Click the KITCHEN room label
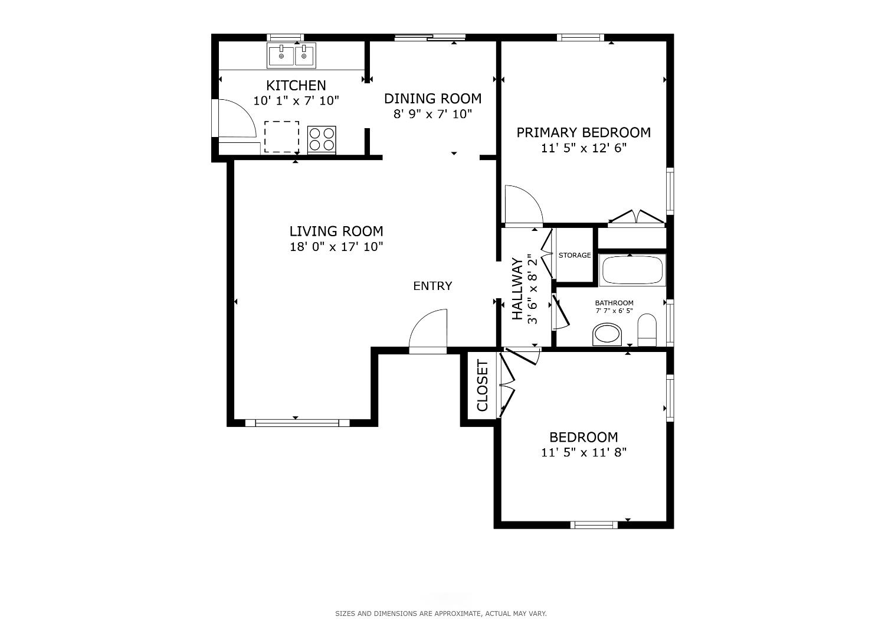tap(296, 86)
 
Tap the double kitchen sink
tap(291, 56)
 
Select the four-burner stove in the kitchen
tap(322, 139)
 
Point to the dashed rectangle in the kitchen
tap(281, 137)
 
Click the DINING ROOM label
tap(432, 99)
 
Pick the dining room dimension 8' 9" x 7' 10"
tap(432, 115)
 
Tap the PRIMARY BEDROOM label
tap(584, 132)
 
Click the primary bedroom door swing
tap(525, 204)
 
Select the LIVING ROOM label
tap(336, 231)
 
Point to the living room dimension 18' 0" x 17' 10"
tap(336, 247)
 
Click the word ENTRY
tap(432, 286)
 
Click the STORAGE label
tap(575, 255)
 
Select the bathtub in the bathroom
tap(632, 270)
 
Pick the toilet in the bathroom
tap(647, 330)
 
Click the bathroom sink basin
tap(607, 334)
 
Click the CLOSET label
tap(483, 385)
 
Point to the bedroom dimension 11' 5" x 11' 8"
tap(584, 452)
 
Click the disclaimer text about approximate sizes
tap(441, 614)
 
